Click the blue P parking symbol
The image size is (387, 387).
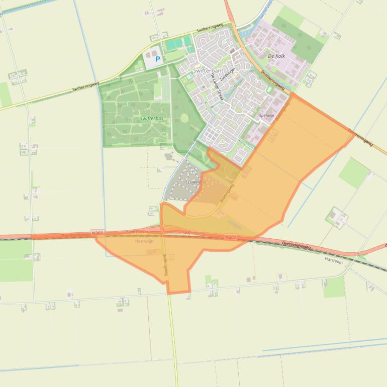157,59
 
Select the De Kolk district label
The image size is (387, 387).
276,56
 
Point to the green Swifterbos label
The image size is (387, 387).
152,119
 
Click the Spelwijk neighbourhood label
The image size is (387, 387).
266,116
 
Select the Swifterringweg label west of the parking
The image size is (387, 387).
85,86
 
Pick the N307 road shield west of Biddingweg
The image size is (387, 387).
97,233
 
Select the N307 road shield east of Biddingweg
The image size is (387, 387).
230,237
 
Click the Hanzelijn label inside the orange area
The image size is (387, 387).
144,241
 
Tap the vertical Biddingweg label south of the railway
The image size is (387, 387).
165,263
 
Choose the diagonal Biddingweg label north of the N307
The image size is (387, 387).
227,193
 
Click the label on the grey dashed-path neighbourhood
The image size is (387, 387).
193,181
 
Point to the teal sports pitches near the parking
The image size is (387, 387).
178,44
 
